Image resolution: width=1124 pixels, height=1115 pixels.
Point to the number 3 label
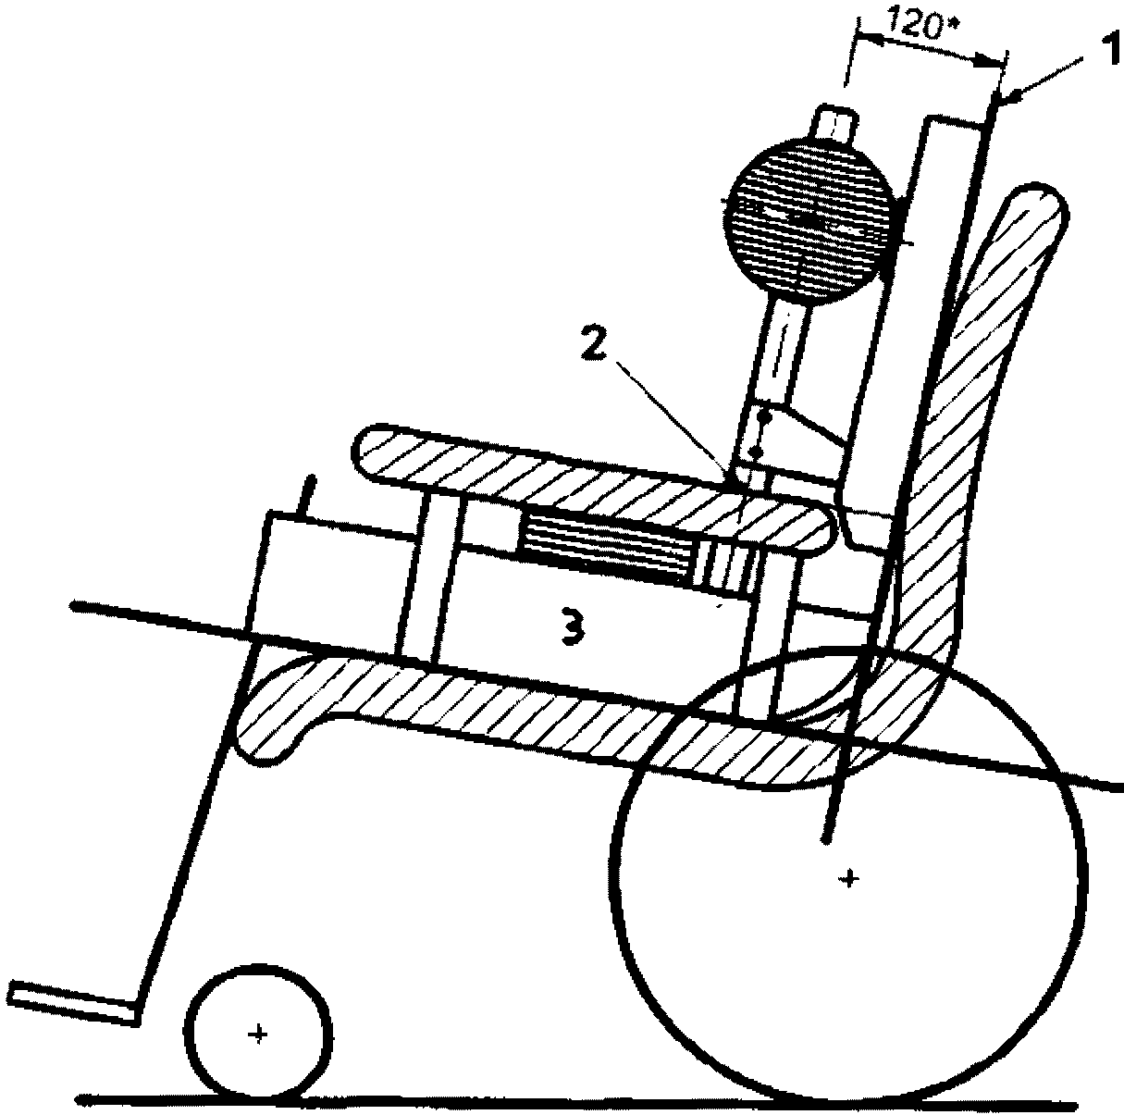pyautogui.click(x=573, y=629)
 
